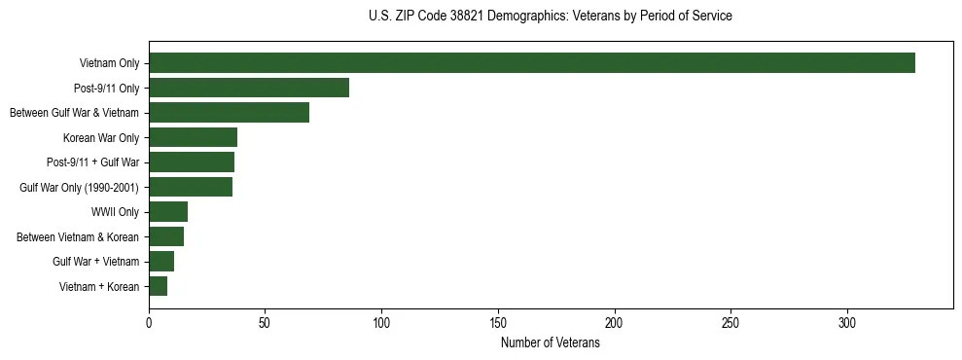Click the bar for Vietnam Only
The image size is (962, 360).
(x=531, y=63)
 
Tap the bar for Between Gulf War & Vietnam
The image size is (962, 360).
(x=229, y=113)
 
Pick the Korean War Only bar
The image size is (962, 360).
(x=193, y=137)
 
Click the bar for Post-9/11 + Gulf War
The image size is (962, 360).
(x=192, y=162)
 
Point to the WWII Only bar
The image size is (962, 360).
(x=168, y=212)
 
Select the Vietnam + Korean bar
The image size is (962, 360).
(x=158, y=286)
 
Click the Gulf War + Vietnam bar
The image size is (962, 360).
(x=161, y=262)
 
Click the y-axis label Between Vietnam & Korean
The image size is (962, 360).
(x=78, y=236)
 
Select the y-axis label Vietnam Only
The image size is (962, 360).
(x=109, y=64)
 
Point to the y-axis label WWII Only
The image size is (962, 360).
(x=115, y=212)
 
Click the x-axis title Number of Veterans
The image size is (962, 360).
(x=550, y=342)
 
